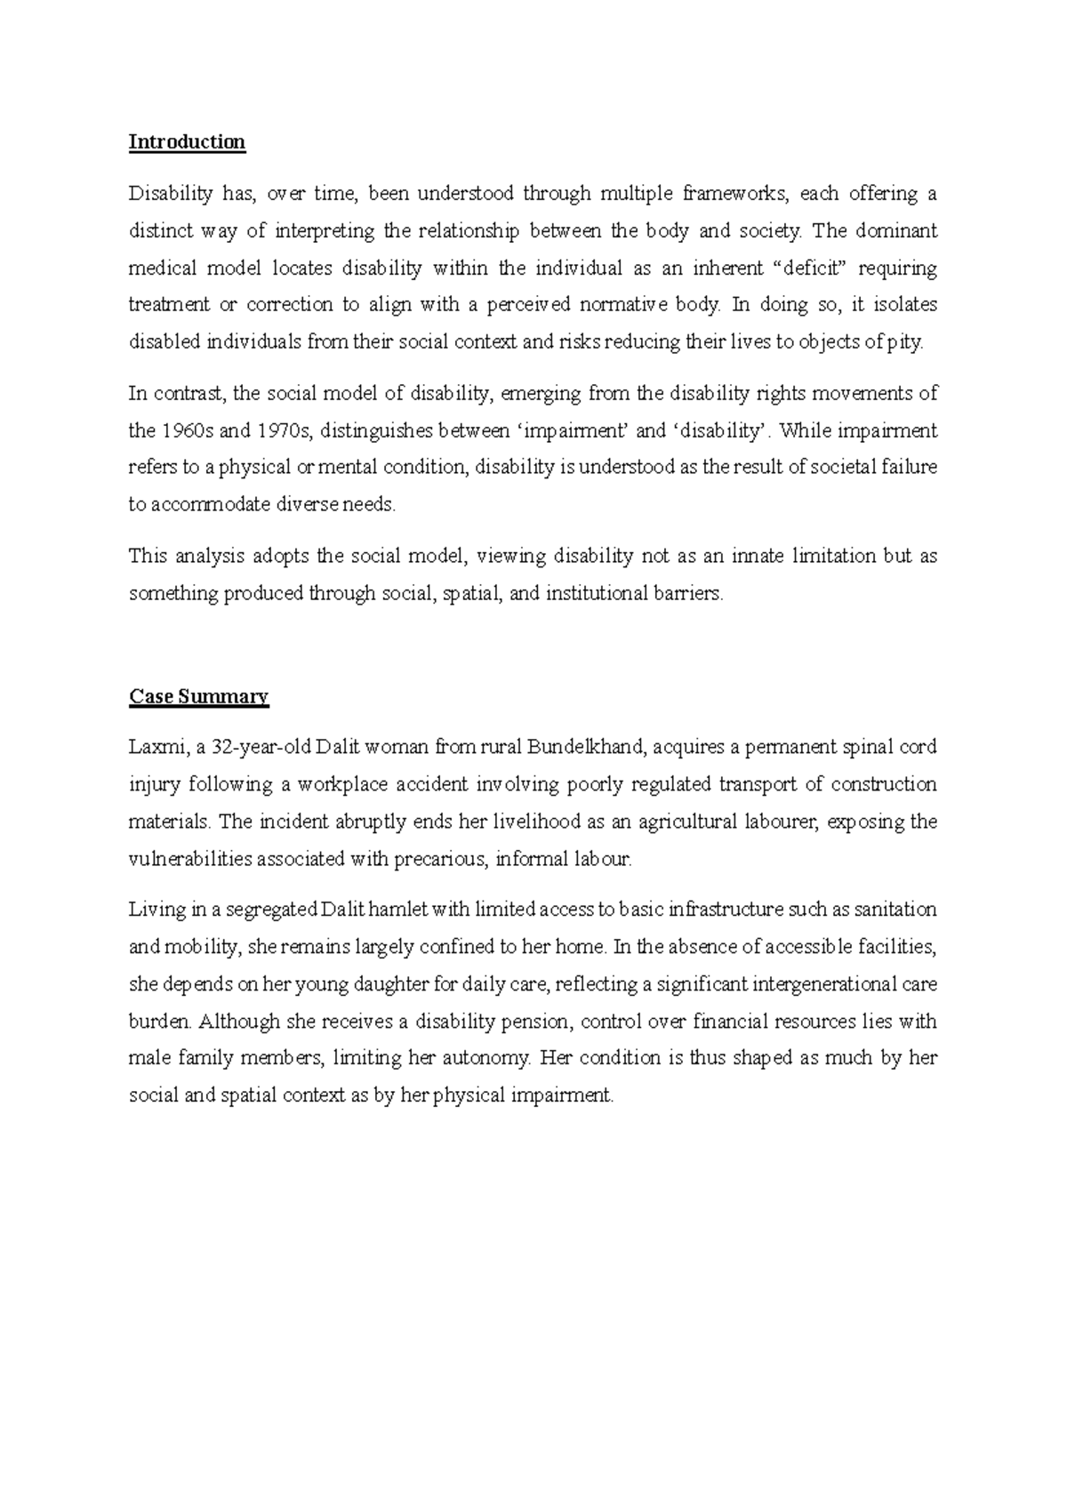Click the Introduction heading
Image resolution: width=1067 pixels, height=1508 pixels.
click(x=187, y=142)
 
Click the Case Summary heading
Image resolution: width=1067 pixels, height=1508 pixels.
click(x=198, y=696)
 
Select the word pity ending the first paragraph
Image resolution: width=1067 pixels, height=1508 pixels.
click(x=903, y=343)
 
